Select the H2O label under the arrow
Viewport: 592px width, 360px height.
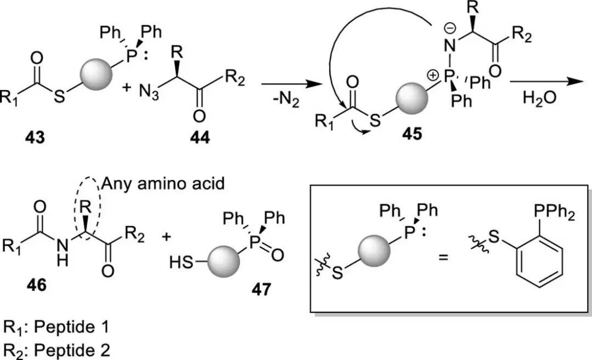click(x=539, y=99)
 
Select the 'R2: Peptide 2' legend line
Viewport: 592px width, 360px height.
click(x=56, y=348)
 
